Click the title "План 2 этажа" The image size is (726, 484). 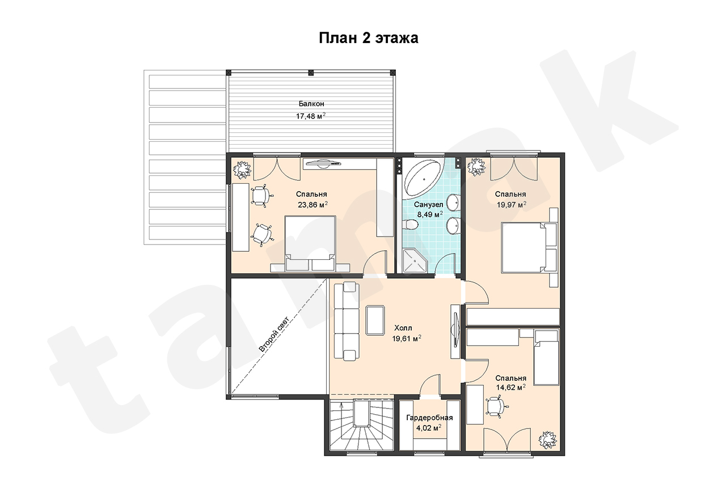tap(369, 38)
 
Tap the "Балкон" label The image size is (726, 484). tap(311, 104)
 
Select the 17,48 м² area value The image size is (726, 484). tap(310, 116)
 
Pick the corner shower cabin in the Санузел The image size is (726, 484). tap(415, 260)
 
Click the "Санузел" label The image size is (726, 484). tap(428, 205)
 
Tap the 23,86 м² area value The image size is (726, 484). tap(313, 205)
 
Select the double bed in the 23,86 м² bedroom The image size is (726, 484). tap(310, 244)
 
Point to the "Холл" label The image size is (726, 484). tap(403, 328)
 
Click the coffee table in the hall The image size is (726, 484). tap(375, 320)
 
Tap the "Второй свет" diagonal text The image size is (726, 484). tap(274, 334)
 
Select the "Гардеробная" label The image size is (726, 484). tap(429, 418)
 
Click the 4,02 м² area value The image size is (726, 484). tap(429, 428)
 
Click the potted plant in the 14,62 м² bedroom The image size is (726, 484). tap(548, 440)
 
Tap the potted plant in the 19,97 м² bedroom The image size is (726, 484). tap(476, 167)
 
